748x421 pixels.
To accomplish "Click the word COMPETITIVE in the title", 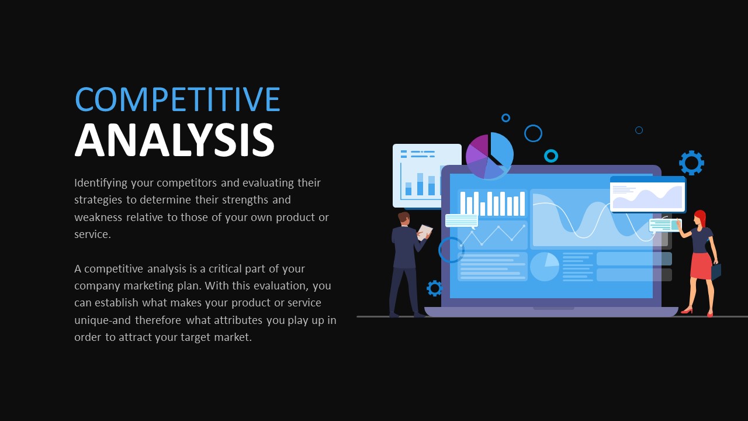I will coord(178,99).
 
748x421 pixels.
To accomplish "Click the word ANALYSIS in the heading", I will coord(174,141).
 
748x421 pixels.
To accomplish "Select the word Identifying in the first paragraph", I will coord(101,183).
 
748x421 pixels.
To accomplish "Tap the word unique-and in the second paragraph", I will coord(102,320).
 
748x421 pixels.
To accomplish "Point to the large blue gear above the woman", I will coord(691,163).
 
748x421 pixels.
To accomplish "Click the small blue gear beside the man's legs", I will coord(434,288).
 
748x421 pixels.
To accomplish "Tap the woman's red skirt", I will coord(700,265).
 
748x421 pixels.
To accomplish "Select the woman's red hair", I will coord(700,218).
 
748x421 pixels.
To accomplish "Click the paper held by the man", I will coord(425,232).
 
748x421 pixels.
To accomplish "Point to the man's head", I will coord(404,218).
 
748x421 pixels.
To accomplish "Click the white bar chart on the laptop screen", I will coord(492,203).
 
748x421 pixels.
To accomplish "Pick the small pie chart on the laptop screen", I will coord(544,267).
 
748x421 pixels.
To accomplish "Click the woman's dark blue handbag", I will coord(716,271).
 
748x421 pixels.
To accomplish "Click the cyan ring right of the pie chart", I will coord(551,156).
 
